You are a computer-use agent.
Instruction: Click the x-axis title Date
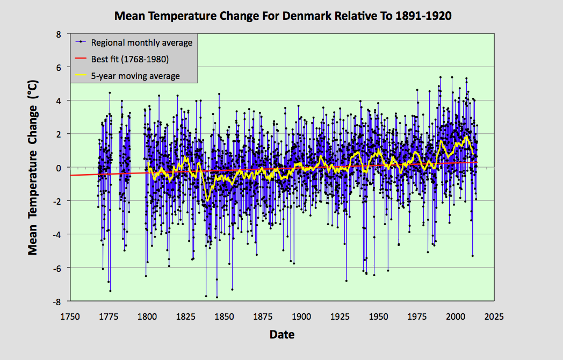coord(282,335)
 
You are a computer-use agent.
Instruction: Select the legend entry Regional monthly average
coord(141,42)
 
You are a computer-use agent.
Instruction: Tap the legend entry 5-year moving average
coord(135,76)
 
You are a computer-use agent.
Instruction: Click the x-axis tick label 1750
coord(70,316)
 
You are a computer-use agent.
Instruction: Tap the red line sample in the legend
coord(81,59)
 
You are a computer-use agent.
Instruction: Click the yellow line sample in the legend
coord(81,76)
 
